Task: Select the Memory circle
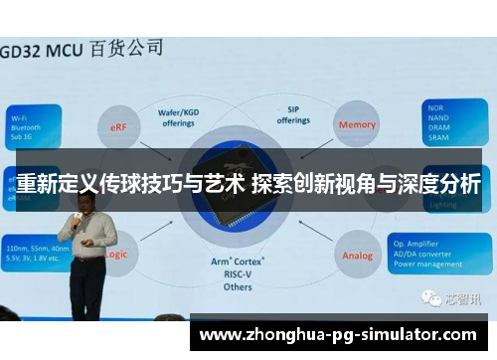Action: (357, 125)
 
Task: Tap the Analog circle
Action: (358, 256)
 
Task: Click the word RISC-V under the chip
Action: (239, 273)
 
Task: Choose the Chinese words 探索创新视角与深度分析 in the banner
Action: (367, 183)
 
